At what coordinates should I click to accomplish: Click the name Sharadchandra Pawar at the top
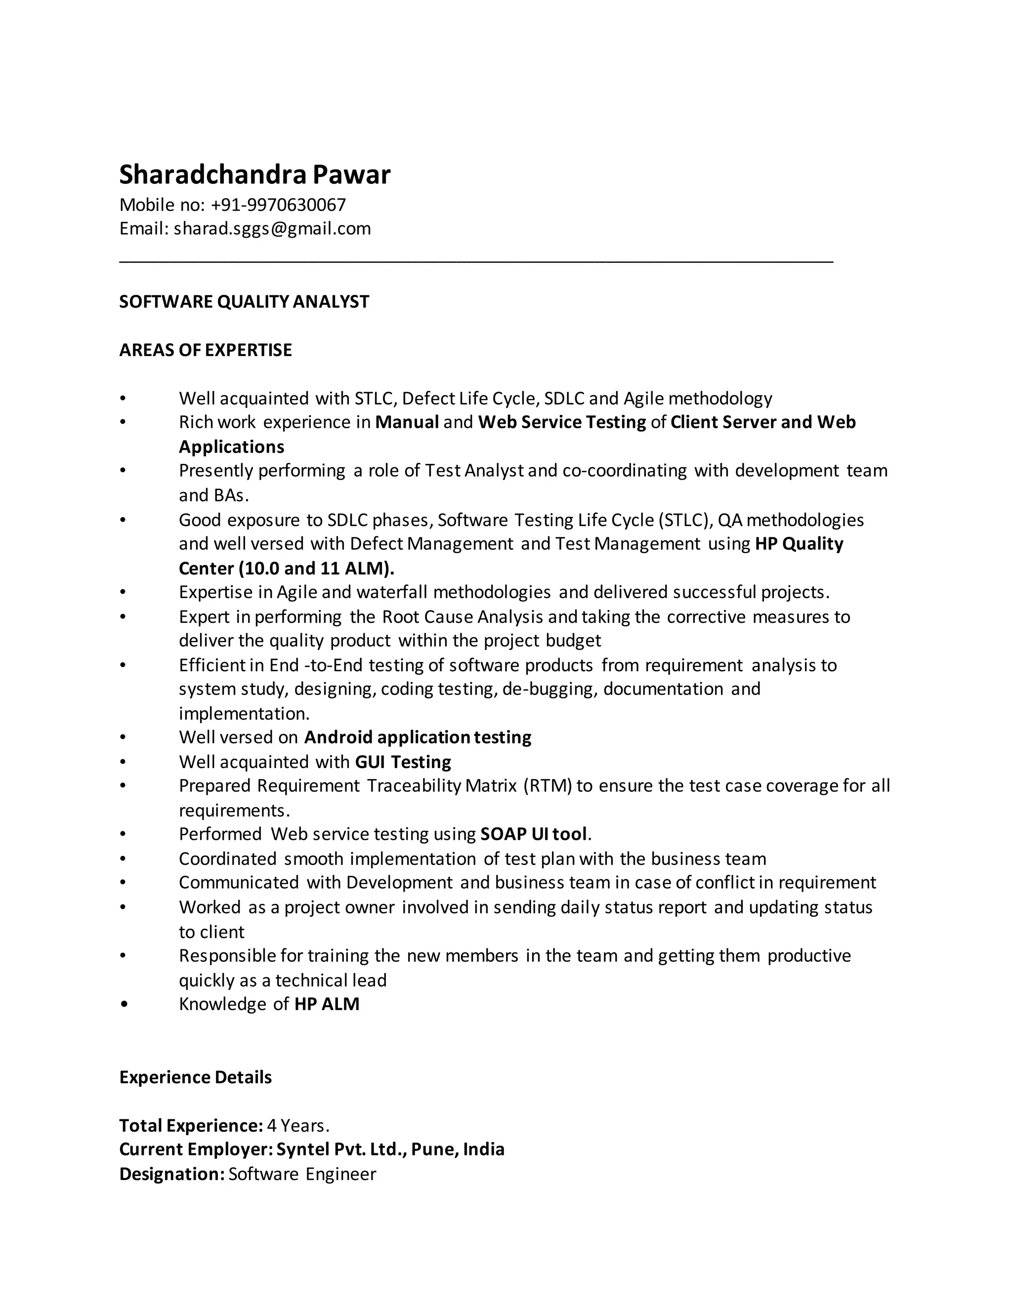point(255,174)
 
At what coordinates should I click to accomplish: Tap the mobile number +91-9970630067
point(278,205)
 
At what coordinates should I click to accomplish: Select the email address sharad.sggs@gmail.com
point(272,228)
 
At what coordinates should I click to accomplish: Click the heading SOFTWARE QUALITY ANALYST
point(244,301)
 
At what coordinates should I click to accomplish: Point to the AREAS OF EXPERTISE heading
point(206,350)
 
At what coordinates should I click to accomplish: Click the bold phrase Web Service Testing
point(562,422)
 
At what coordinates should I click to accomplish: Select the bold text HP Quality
point(799,544)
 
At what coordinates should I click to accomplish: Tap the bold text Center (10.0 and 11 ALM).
point(287,568)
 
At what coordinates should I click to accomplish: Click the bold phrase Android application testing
point(417,737)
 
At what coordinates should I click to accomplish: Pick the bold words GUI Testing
point(403,762)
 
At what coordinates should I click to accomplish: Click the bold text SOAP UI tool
point(534,834)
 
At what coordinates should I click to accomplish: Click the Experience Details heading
point(196,1077)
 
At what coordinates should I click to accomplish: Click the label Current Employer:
point(196,1149)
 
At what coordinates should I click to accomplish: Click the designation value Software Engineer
point(302,1174)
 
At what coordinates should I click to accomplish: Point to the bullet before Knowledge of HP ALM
point(124,1005)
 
